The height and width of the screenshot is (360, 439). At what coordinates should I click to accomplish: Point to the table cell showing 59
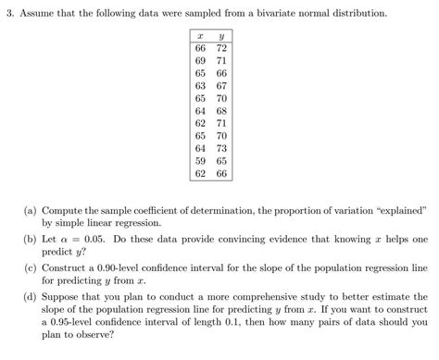point(199,159)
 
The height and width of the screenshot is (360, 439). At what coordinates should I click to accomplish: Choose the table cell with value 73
point(221,148)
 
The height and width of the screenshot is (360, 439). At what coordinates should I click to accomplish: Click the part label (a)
point(30,211)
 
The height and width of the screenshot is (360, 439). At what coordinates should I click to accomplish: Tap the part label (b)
point(30,239)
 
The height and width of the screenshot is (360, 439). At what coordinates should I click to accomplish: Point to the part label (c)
point(30,267)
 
